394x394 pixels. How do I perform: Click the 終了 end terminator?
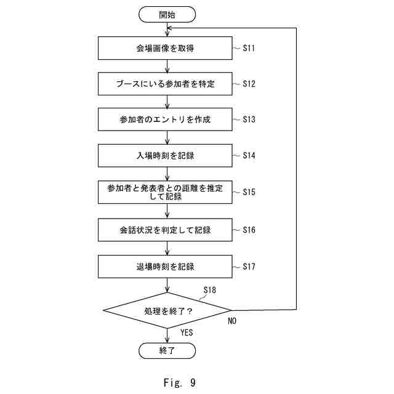point(167,351)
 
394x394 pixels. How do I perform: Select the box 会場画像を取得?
point(165,47)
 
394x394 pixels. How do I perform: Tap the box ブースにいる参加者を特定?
point(165,84)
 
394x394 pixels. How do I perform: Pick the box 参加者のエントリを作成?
point(165,119)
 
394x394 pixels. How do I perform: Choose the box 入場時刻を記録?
point(165,155)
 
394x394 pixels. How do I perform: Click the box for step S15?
point(165,191)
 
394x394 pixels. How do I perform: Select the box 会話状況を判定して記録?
point(165,230)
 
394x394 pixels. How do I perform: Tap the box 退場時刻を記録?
point(165,267)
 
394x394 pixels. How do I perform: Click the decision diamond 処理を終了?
point(167,310)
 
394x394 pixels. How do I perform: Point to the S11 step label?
point(249,47)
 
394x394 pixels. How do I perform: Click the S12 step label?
point(249,83)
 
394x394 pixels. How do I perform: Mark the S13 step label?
point(249,119)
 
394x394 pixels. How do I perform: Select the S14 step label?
point(249,155)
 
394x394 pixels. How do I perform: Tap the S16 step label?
point(249,230)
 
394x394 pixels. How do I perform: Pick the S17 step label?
point(249,267)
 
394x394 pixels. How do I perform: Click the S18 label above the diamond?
point(209,289)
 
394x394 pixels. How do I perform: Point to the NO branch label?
point(232,321)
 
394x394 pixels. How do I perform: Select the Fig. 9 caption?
point(180,382)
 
